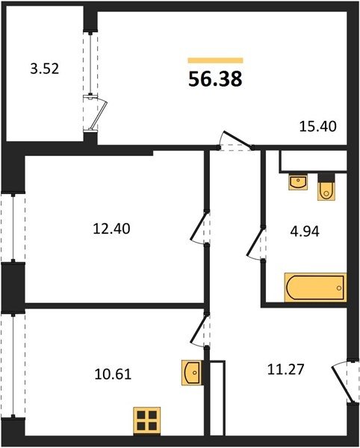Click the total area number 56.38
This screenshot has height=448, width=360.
215,79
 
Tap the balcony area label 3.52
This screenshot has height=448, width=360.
45,69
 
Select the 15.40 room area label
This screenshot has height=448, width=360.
317,126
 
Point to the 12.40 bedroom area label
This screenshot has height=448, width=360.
111,229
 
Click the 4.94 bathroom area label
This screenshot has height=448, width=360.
305,231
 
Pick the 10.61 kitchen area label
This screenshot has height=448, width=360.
113,374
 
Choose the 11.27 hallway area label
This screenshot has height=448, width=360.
286,369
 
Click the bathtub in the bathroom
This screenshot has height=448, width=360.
315,287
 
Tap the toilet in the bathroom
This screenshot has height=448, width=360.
326,187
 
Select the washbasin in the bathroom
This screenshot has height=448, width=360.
299,181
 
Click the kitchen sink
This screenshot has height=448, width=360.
192,373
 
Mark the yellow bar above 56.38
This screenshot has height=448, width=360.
215,60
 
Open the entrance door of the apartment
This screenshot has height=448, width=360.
344,382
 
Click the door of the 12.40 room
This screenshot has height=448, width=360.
200,228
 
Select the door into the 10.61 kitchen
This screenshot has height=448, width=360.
200,330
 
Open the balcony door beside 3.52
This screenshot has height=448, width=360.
95,113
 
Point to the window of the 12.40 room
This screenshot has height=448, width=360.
13,228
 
